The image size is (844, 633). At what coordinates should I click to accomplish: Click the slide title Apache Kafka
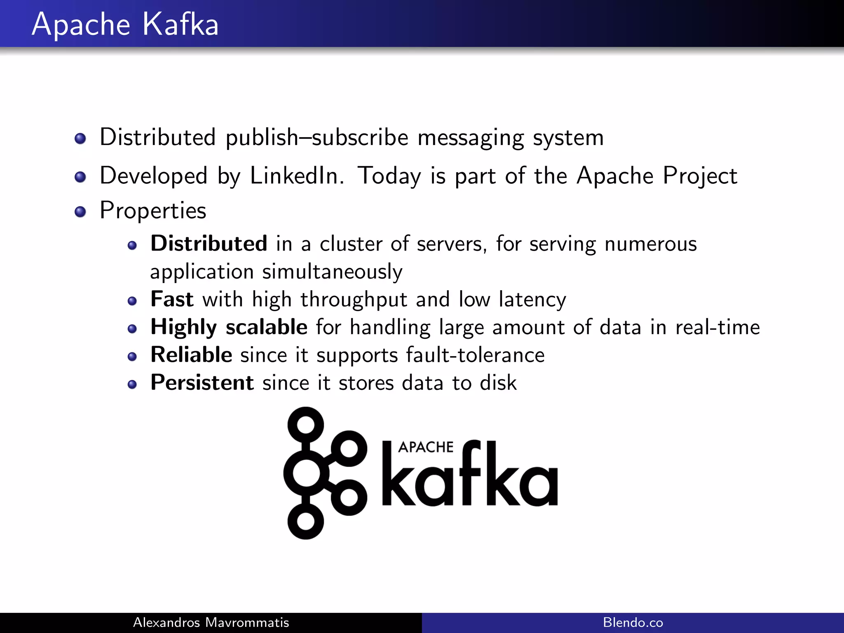click(125, 25)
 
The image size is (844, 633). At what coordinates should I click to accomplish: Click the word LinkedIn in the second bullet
click(296, 176)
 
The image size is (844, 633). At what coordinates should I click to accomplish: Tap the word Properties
click(153, 211)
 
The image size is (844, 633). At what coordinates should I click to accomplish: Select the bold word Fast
click(172, 299)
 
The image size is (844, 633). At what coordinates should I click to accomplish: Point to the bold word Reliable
click(191, 355)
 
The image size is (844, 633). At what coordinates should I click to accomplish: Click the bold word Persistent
click(202, 382)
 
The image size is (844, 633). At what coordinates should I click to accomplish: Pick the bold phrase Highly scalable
click(229, 327)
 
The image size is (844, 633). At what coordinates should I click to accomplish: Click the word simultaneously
click(332, 272)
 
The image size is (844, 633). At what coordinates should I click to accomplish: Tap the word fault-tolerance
click(475, 355)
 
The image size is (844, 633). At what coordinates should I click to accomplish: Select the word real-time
click(717, 327)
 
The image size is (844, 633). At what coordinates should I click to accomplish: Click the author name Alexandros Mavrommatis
click(211, 622)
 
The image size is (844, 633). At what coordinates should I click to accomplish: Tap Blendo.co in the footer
click(633, 622)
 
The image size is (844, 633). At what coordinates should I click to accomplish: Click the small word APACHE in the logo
click(426, 447)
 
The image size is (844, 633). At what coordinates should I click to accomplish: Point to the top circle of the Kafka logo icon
click(306, 424)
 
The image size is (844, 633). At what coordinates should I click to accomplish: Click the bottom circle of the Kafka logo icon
click(306, 521)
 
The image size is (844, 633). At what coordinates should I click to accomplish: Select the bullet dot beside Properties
click(80, 212)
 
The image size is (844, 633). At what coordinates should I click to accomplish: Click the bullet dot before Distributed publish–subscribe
click(80, 138)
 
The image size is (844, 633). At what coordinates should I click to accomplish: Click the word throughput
click(354, 300)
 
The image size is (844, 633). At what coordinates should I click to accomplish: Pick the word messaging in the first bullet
click(470, 138)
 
